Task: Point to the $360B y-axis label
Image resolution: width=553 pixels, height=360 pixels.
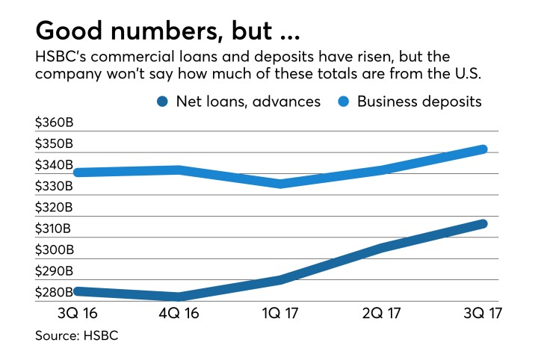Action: pyautogui.click(x=53, y=122)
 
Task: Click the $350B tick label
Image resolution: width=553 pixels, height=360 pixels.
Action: pyautogui.click(x=53, y=143)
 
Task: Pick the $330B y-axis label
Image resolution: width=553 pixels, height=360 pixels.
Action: pyautogui.click(x=53, y=186)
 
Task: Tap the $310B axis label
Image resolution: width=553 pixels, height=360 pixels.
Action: pyautogui.click(x=53, y=229)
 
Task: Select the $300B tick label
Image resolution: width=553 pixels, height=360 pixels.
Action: pyautogui.click(x=53, y=249)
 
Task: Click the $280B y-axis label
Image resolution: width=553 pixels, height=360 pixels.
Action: pyautogui.click(x=53, y=292)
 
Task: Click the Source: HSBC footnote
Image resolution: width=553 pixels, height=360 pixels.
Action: pyautogui.click(x=77, y=336)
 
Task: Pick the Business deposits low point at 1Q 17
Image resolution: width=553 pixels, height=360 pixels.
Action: pyautogui.click(x=279, y=183)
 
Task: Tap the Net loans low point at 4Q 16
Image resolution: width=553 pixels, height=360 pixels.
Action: pyautogui.click(x=178, y=297)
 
